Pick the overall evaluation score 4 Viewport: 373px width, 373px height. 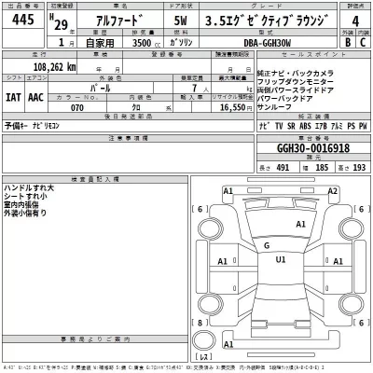point(352,27)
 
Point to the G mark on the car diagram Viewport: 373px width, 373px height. point(267,245)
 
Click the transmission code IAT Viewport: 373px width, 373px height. point(14,95)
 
